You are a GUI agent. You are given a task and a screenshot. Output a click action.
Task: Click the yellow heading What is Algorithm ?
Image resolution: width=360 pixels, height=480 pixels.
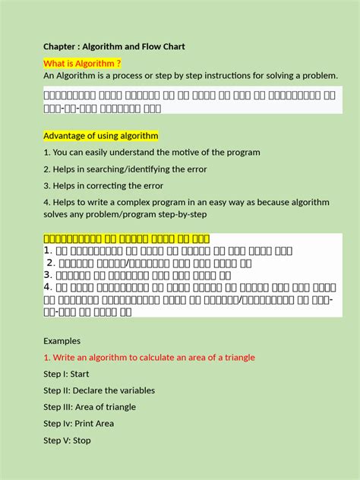[x=82, y=62]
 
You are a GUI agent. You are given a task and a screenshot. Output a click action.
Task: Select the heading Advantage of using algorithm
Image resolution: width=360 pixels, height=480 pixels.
[x=100, y=136]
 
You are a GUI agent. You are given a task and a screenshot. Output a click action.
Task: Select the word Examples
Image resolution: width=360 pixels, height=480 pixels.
[x=62, y=341]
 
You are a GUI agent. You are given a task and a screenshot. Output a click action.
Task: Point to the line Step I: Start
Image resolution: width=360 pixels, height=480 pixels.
[x=66, y=374]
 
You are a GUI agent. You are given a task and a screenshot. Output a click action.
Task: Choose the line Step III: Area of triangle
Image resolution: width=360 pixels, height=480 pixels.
[x=90, y=407]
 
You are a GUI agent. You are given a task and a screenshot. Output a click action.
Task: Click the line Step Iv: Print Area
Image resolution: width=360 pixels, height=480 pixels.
[x=78, y=423]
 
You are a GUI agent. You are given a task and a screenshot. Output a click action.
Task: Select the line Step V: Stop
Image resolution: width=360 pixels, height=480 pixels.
[x=67, y=440]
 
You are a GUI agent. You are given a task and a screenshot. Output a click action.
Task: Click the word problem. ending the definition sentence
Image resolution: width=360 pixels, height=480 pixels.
[x=320, y=76]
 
